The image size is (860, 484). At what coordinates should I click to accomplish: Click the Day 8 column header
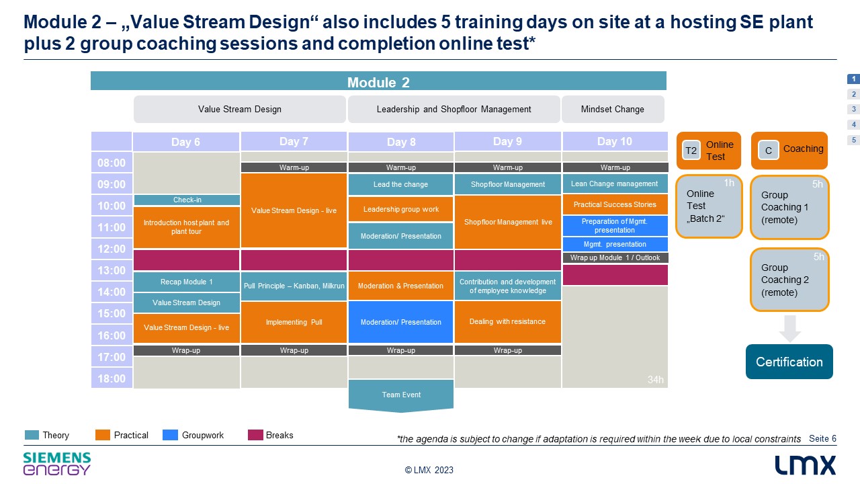tap(401, 142)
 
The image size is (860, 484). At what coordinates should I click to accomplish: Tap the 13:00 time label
tap(112, 270)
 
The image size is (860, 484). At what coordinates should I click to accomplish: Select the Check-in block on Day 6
tap(187, 200)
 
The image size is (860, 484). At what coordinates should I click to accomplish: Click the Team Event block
tap(401, 395)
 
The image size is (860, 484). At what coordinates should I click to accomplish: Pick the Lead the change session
tap(401, 184)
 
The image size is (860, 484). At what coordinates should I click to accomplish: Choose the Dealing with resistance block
tap(507, 321)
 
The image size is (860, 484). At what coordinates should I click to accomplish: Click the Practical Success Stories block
tap(615, 205)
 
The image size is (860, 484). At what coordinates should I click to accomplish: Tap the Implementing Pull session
tap(294, 322)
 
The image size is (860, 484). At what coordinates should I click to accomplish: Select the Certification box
tap(789, 362)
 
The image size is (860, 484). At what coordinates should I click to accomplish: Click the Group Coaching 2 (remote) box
tap(789, 280)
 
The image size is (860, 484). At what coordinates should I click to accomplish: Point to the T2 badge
tap(691, 150)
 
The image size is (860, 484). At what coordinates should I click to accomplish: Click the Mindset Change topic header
tap(613, 109)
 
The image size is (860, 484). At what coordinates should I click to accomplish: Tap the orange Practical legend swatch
tap(103, 435)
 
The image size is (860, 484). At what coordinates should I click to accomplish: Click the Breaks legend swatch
tap(255, 435)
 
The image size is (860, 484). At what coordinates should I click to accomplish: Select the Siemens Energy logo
tap(57, 464)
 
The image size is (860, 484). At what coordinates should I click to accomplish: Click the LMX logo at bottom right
tap(805, 465)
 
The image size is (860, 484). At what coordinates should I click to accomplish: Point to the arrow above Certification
tap(789, 329)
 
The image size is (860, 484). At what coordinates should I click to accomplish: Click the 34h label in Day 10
tap(655, 380)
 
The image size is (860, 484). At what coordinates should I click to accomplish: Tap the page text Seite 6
tap(822, 438)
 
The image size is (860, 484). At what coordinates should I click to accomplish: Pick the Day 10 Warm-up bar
tap(615, 167)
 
